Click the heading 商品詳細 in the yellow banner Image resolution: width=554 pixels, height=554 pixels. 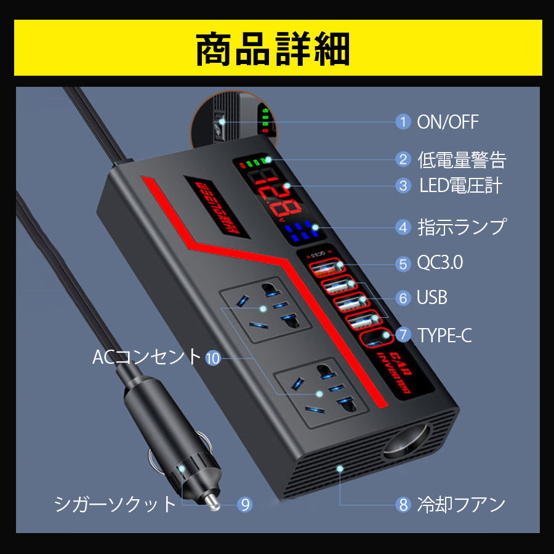273,49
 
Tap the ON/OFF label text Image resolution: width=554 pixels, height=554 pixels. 448,122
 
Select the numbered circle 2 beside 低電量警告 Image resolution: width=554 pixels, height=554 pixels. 403,159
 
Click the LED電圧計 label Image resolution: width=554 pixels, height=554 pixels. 460,185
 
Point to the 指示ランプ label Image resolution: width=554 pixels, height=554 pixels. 462,227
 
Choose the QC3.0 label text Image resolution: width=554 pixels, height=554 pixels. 440,262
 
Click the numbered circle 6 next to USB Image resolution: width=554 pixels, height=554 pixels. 403,298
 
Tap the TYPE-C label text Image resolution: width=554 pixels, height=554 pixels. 444,335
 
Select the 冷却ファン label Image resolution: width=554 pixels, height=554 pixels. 461,504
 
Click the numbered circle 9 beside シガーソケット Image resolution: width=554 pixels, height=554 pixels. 245,504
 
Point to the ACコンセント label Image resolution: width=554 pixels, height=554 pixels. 147,356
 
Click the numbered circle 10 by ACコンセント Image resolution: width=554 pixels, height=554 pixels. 213,358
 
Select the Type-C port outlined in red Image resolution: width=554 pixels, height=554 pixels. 376,339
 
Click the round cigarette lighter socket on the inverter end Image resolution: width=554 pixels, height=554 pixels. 407,443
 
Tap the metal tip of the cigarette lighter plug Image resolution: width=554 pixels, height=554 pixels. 212,502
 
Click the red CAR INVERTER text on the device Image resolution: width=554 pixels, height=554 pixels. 398,373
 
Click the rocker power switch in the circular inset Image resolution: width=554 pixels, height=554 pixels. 219,126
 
